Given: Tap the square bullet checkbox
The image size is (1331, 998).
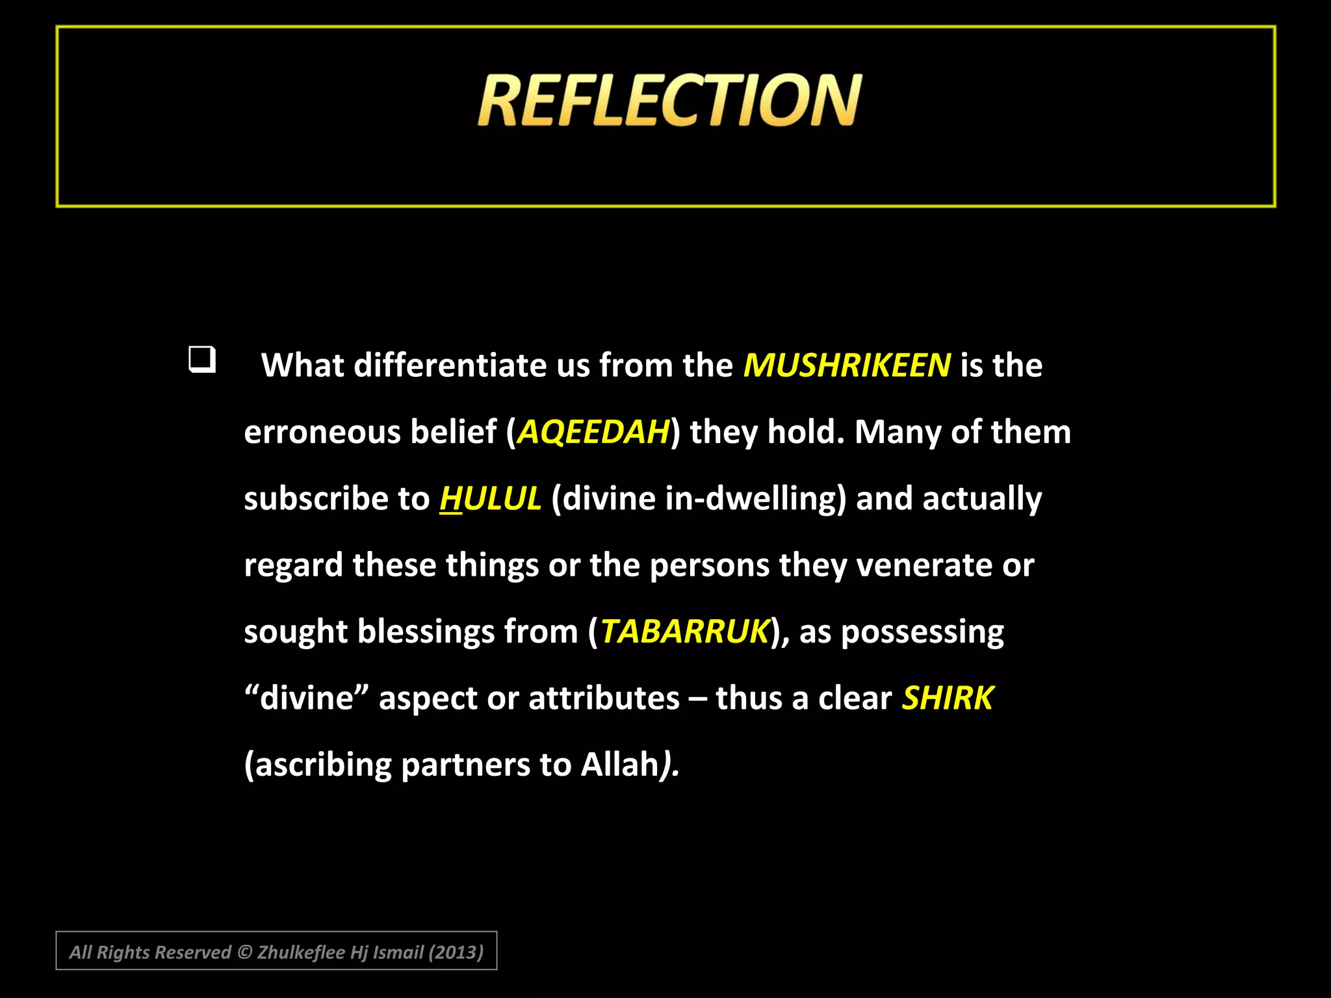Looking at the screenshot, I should click(x=202, y=359).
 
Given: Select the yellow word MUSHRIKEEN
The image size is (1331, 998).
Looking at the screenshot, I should click(x=847, y=365).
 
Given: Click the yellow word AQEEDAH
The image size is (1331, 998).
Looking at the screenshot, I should click(x=593, y=432).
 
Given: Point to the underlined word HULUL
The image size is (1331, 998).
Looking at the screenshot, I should click(x=490, y=499).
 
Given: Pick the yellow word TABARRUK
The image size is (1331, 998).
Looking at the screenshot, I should click(x=684, y=632).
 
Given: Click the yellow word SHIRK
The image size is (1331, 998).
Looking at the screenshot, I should click(x=948, y=698).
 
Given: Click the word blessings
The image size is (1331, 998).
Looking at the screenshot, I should click(x=426, y=632).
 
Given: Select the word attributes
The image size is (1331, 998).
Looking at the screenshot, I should click(x=604, y=698).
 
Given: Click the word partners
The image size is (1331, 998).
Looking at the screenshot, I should click(x=465, y=765).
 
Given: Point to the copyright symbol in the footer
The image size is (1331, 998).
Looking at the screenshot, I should click(x=244, y=953).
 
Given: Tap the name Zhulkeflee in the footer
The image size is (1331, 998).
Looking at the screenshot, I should click(x=301, y=953).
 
